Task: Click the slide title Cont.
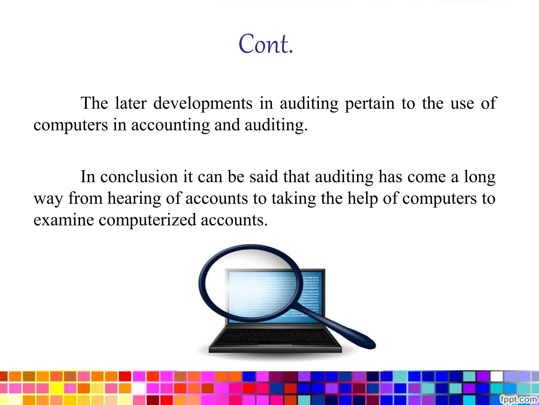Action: click(x=266, y=44)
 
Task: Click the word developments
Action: click(x=203, y=103)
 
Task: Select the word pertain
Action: click(x=370, y=103)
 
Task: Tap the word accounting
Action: click(x=170, y=125)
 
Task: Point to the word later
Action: click(x=131, y=103)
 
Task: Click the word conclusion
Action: click(x=139, y=177)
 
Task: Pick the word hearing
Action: click(x=134, y=198)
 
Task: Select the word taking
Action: click(x=294, y=198)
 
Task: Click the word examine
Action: click(x=64, y=220)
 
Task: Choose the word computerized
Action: click(x=147, y=220)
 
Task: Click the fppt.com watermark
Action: click(x=518, y=399)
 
